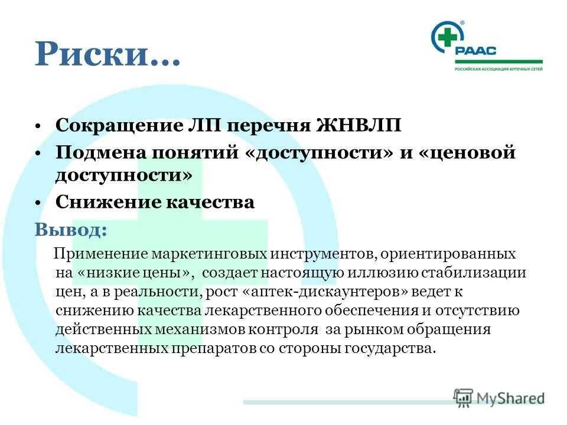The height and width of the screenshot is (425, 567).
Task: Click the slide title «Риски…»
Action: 107,55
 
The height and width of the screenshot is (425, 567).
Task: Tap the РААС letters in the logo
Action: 476,51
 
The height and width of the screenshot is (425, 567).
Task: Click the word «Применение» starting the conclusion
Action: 101,254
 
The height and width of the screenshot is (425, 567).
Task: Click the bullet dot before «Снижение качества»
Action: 38,203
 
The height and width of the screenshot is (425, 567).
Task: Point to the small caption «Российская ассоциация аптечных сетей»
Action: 498,69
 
